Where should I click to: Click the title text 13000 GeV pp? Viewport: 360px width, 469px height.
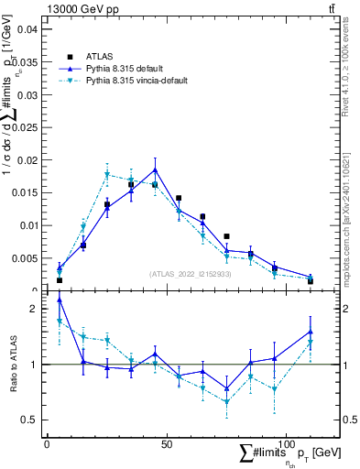(77, 8)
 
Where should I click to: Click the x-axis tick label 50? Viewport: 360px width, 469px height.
(167, 444)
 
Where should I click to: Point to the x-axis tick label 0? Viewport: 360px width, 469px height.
(47, 444)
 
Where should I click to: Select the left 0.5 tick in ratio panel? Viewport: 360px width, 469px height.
(29, 420)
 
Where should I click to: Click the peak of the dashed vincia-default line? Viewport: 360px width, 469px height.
(107, 174)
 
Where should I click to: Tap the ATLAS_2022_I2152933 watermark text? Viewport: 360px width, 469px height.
(191, 274)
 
